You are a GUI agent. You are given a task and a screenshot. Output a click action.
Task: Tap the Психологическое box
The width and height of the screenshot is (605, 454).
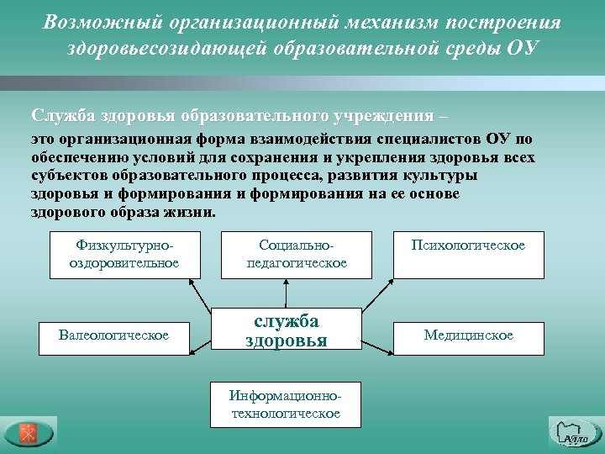pos(468,254)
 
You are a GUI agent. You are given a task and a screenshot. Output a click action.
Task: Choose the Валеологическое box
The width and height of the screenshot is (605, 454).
pos(113,335)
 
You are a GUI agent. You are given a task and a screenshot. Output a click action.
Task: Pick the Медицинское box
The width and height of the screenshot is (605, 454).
pos(468,335)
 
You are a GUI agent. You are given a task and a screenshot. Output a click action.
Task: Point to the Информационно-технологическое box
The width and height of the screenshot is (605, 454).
pos(286,404)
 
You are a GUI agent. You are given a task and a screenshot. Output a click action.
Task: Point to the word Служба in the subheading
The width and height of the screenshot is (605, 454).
pos(64,115)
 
